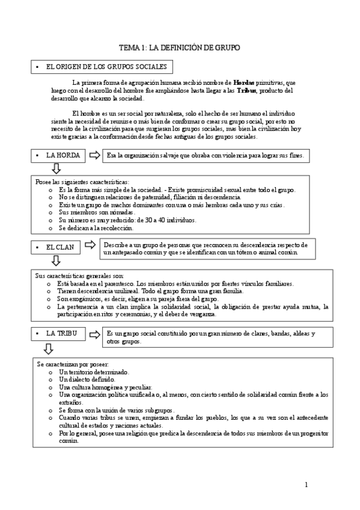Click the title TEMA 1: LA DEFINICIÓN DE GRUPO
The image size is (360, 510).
[x=180, y=48]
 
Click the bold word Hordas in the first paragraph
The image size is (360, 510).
[x=243, y=82]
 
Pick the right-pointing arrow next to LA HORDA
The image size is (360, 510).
[x=94, y=156]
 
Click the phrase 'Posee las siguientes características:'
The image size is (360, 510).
[x=78, y=182]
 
